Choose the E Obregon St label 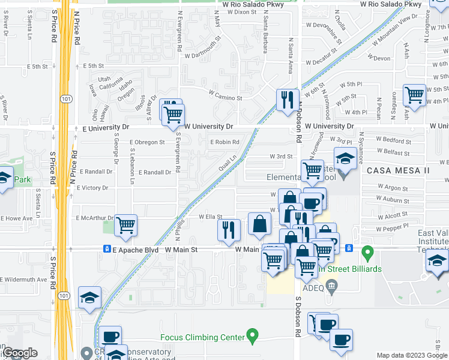(x=147, y=142)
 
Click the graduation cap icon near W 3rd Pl (x=345, y=159)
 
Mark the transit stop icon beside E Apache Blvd (x=106, y=249)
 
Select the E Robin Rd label (x=224, y=142)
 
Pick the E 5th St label (x=94, y=66)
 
